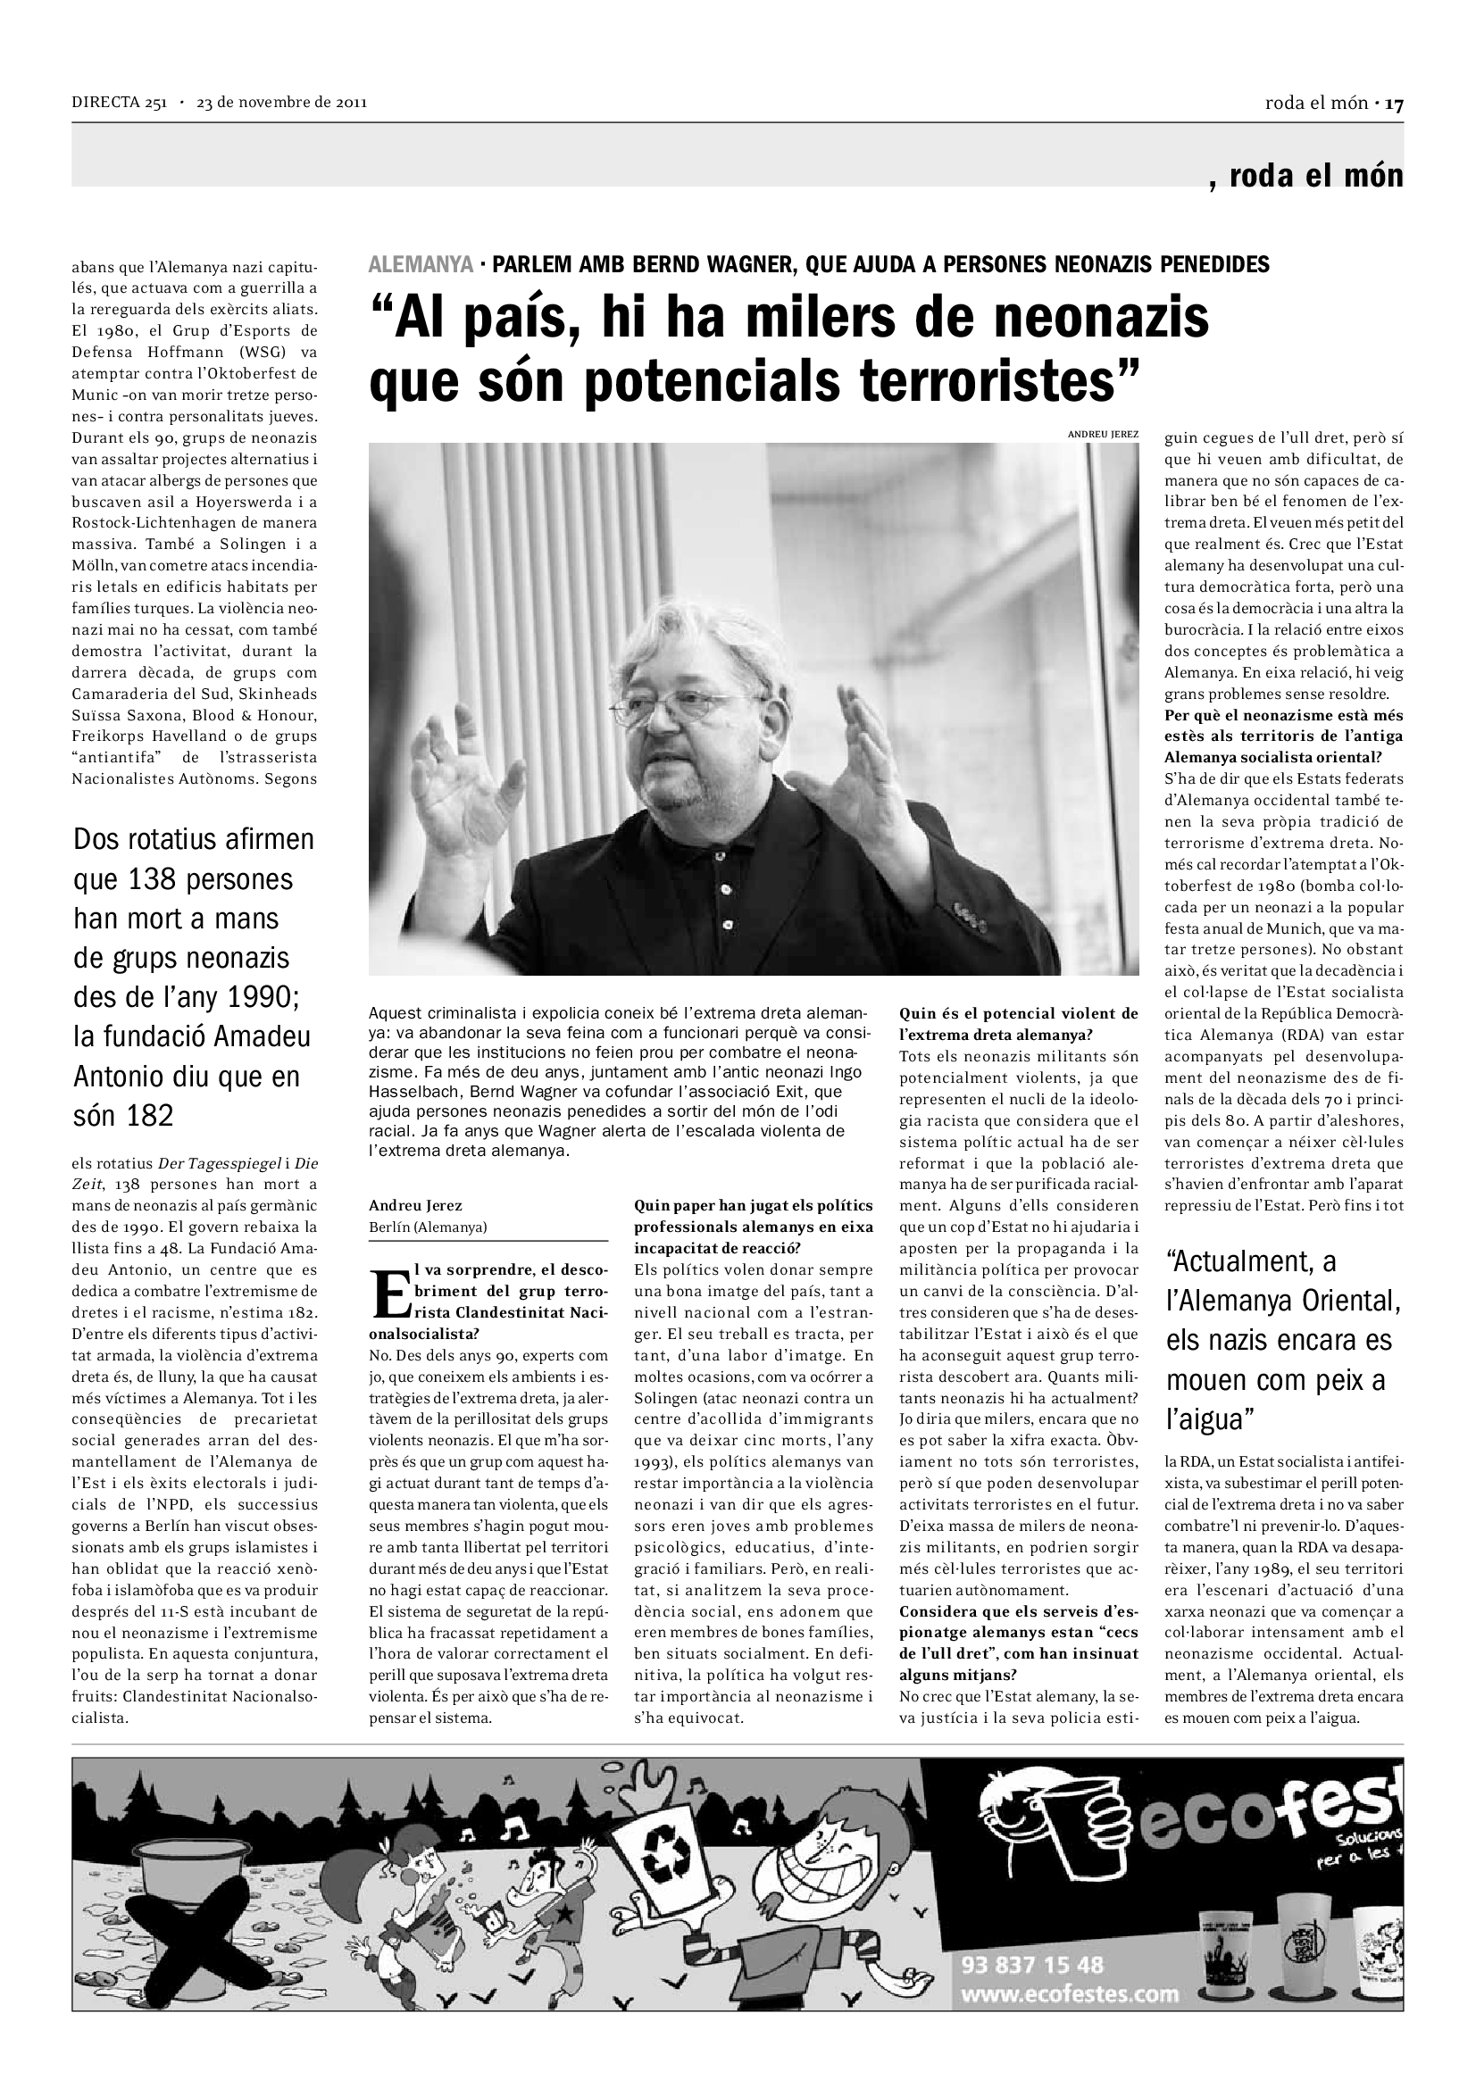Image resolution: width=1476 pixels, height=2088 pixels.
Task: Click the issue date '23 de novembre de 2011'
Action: (x=281, y=103)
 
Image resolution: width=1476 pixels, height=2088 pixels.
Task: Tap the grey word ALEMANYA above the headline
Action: (x=421, y=264)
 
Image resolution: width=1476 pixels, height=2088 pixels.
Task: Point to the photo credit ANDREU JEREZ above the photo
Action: (x=1102, y=435)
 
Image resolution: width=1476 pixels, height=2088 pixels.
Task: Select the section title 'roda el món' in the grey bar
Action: (x=1315, y=176)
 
